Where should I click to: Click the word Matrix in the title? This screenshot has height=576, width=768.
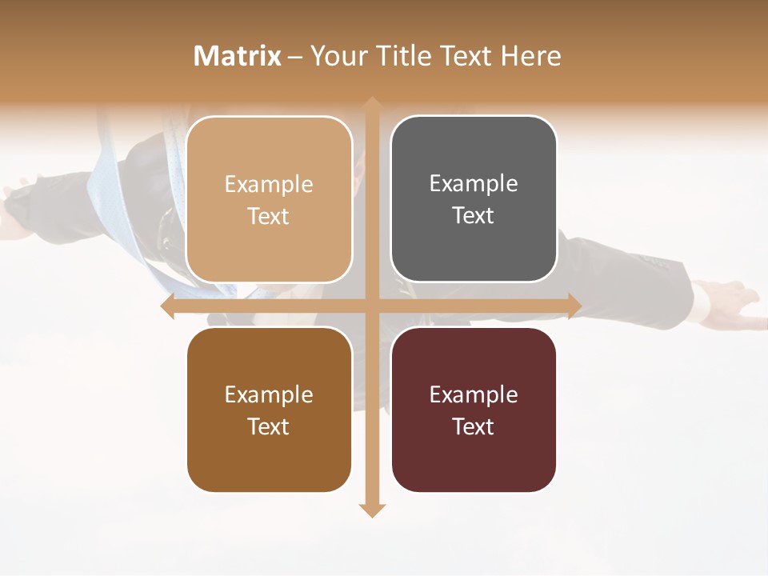coord(238,56)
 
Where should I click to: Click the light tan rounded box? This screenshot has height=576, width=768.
coord(269,199)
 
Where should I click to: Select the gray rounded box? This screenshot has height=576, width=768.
coord(474,199)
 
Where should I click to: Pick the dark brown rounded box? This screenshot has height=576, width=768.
coord(269,410)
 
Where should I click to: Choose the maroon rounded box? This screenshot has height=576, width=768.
coord(474,410)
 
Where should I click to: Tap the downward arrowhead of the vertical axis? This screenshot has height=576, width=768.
coord(371,510)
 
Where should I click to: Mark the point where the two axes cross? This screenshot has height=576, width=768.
coord(371,306)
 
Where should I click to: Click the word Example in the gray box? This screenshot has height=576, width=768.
coord(474,184)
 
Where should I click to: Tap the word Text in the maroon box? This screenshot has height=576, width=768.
coord(474,426)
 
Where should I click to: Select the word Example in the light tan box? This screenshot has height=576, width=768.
coord(269,184)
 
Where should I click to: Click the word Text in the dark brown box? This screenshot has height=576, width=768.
coord(269,426)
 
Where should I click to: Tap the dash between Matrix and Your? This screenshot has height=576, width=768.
coord(295,57)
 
